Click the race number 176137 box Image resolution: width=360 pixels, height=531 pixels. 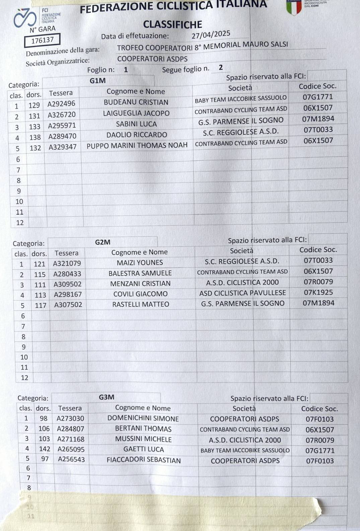tap(43, 40)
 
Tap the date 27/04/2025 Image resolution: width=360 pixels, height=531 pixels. tap(211, 34)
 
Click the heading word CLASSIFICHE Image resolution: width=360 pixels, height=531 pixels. tap(172, 24)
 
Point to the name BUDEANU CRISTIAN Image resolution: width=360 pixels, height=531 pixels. tap(136, 102)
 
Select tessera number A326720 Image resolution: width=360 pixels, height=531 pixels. tap(62, 115)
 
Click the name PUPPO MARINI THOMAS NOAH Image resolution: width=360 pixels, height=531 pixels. tap(137, 146)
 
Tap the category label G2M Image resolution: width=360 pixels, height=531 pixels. tap(102, 242)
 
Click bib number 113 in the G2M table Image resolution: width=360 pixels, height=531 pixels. tap(40, 295)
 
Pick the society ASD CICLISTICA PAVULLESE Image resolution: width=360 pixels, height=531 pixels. tap(242, 293)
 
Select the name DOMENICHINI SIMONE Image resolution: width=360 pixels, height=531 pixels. tap(143, 419)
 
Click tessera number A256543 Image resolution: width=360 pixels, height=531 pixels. tap(71, 459)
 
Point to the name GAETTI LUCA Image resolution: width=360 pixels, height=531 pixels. tap(144, 449)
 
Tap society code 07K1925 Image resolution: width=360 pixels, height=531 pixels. tap(318, 292)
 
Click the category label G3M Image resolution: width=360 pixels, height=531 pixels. tap(106, 397)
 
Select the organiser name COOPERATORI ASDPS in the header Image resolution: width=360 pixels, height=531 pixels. tap(152, 59)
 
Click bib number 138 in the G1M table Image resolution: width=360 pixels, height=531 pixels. tap(35, 137)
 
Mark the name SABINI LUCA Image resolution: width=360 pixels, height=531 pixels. tap(136, 124)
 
